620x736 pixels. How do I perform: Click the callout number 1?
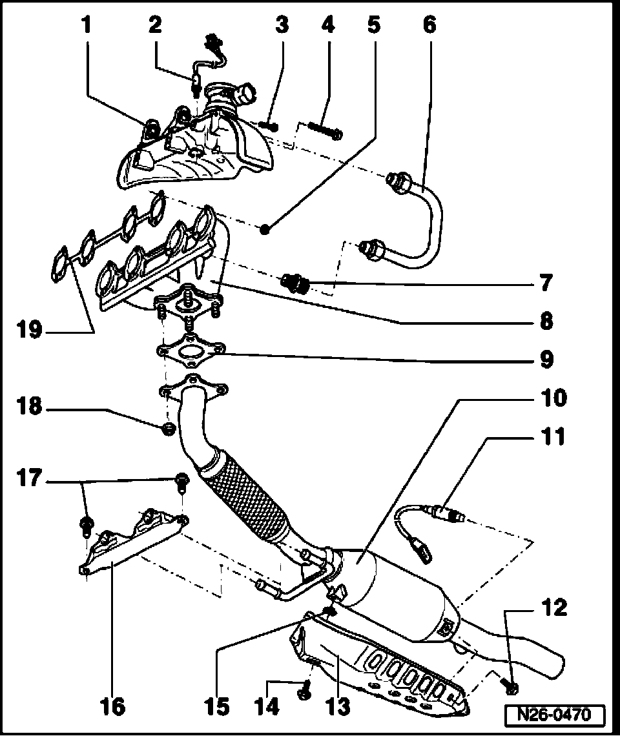click(x=86, y=26)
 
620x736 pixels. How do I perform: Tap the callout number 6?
click(x=429, y=25)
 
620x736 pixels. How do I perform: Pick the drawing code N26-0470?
click(x=556, y=715)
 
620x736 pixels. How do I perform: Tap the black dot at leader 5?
click(x=265, y=229)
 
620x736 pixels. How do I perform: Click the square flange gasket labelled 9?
click(x=191, y=351)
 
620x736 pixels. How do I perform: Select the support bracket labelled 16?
click(x=132, y=542)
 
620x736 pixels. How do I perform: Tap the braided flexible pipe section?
click(x=245, y=497)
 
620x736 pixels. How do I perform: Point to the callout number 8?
click(x=546, y=321)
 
